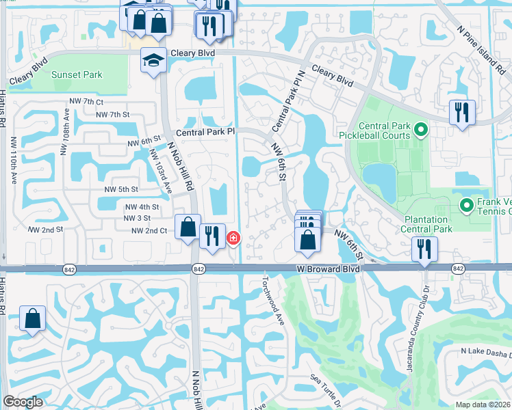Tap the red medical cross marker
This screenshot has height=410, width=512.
(x=233, y=238)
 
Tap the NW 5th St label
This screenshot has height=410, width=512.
(x=121, y=189)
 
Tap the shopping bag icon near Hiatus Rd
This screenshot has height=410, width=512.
(x=32, y=318)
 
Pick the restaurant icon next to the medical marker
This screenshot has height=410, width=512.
(x=212, y=236)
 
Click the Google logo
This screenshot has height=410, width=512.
(x=23, y=402)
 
